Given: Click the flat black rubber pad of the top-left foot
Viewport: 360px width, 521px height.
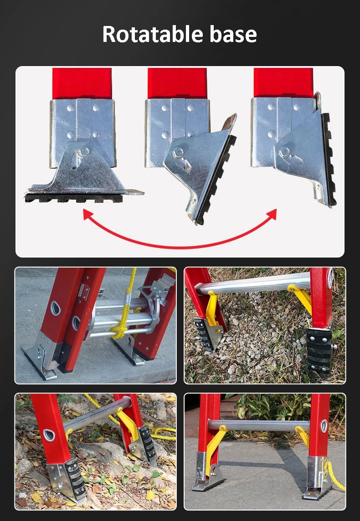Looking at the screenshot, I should point(73,198).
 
